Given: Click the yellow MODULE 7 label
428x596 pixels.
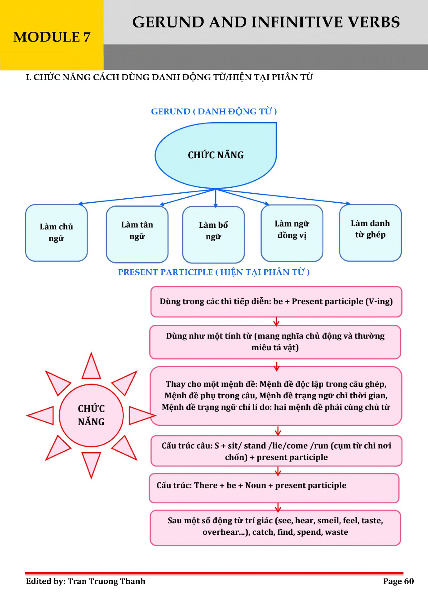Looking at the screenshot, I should [52, 37].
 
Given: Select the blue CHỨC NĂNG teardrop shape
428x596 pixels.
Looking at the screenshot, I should [216, 155].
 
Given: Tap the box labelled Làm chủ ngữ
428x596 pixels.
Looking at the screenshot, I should [56, 233].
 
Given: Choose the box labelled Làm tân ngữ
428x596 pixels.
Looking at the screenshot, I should [137, 234].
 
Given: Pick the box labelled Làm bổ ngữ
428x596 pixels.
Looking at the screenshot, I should [213, 234].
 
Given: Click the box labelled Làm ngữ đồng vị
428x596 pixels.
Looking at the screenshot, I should [292, 233].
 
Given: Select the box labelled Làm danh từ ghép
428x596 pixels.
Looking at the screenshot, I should [370, 233].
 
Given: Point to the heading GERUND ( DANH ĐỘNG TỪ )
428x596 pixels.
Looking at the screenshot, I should [214, 112].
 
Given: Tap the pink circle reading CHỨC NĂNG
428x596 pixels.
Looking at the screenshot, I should [91, 415].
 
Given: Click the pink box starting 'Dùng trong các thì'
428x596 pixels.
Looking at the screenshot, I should [276, 302].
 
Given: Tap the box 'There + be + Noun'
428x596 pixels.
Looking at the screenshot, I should [274, 488].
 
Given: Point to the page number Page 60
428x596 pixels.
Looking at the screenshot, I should [398, 581].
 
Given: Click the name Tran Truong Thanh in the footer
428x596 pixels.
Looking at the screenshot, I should [106, 581].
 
